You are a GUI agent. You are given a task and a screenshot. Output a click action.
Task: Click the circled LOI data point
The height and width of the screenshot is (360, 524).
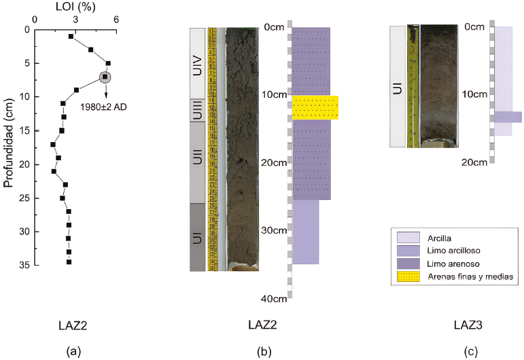coord(105,77)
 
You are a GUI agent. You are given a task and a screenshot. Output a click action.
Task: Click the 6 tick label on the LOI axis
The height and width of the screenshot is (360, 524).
coord(116,19)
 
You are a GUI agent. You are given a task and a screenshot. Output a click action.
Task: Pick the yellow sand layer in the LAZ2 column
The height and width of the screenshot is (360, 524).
coord(315,107)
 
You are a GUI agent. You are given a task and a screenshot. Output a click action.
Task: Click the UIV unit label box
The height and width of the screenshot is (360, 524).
coord(198,63)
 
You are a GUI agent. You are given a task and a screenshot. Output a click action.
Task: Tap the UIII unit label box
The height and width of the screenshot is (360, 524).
coord(198,110)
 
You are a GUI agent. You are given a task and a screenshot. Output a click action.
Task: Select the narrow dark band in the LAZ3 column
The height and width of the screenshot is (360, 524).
coord(508,117)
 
